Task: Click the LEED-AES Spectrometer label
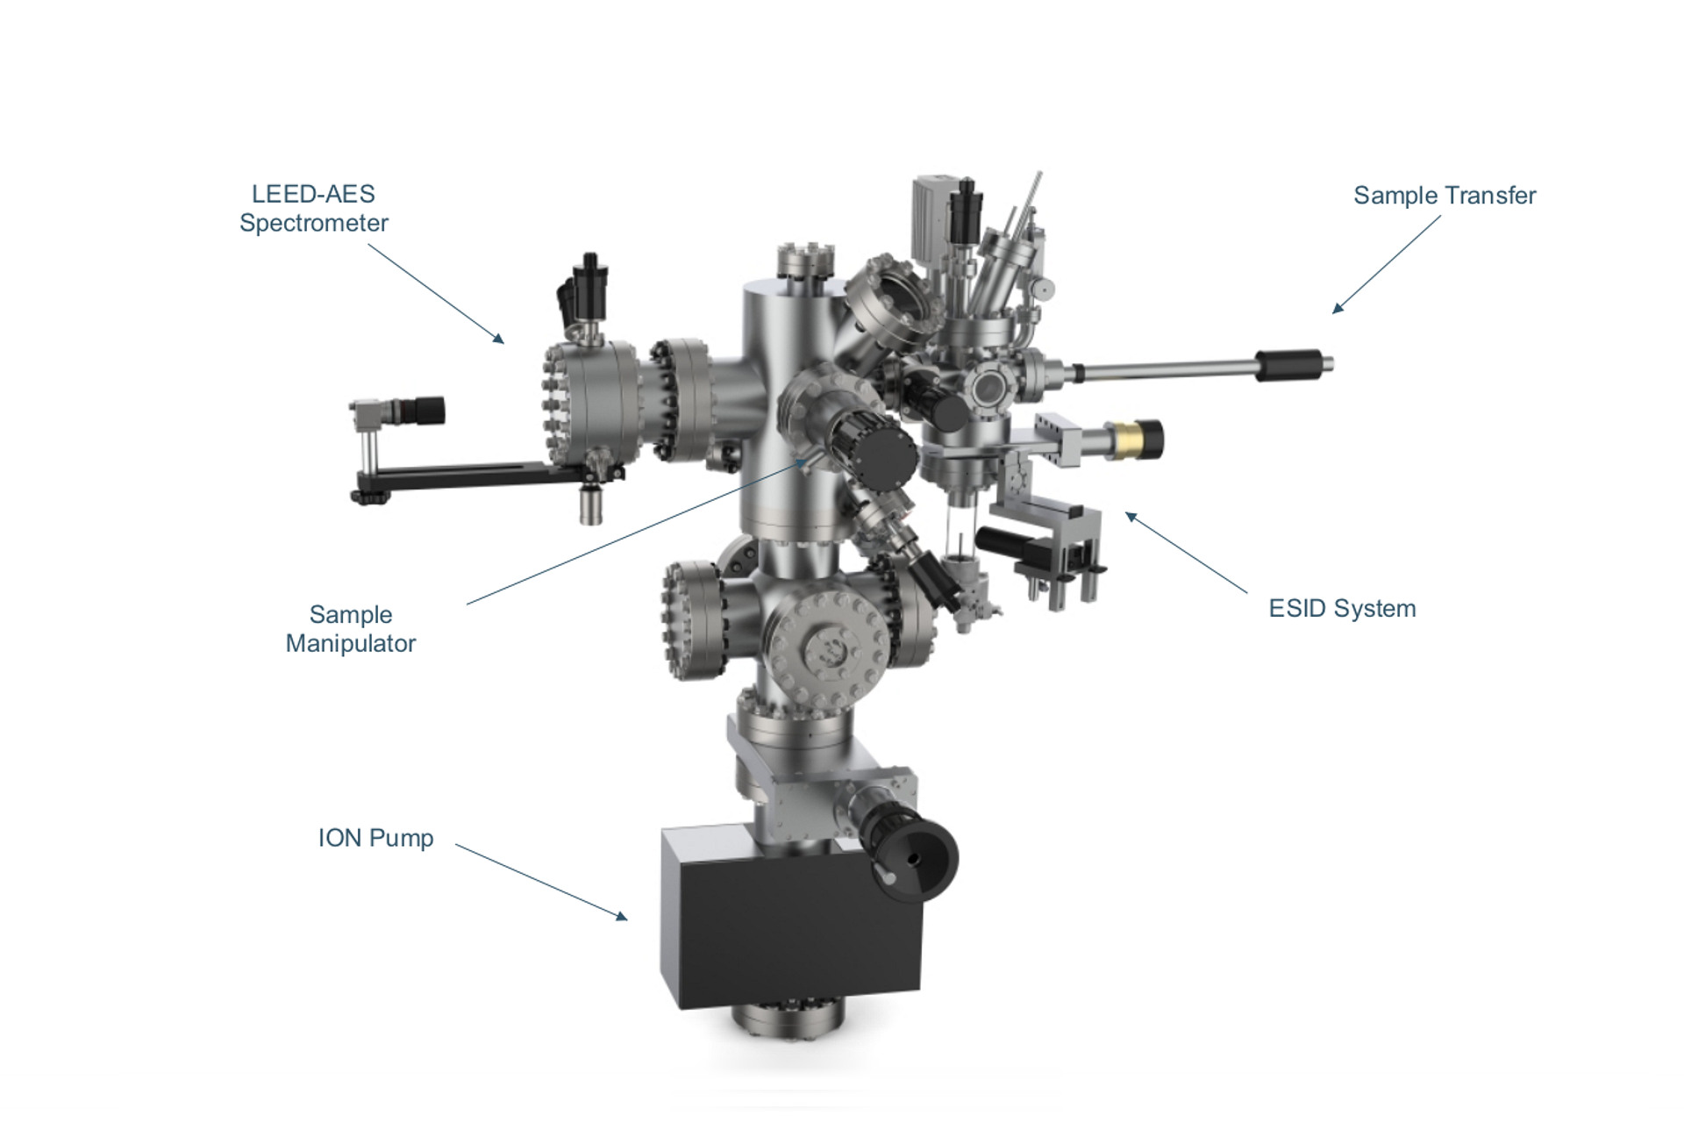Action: (x=314, y=208)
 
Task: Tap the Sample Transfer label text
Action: (x=1445, y=196)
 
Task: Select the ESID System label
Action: (x=1342, y=609)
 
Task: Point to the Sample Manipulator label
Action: (x=351, y=629)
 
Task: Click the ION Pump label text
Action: (x=375, y=838)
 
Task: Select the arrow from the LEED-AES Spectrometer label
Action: (x=436, y=293)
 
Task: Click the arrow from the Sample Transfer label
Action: (x=1387, y=264)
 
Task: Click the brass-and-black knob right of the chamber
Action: (x=1133, y=439)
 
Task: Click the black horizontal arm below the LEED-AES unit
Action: (x=474, y=479)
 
